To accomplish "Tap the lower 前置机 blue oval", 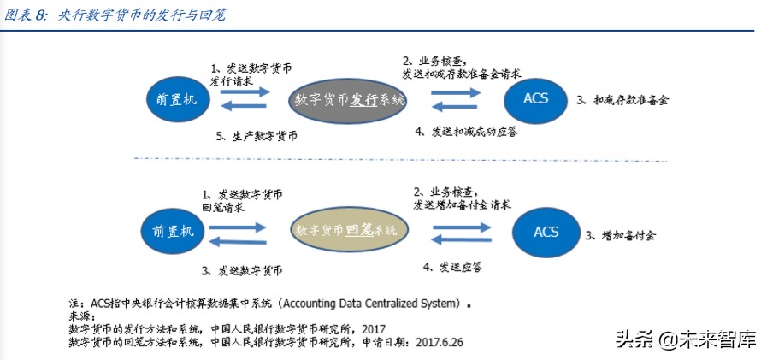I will (x=173, y=231).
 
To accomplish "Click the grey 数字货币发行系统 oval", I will (x=349, y=100).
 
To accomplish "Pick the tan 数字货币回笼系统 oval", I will (x=345, y=230).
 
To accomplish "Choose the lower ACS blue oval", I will (x=546, y=232).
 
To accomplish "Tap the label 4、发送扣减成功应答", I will (x=466, y=132).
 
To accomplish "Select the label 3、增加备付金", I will (x=620, y=233).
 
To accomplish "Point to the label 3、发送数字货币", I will (x=242, y=270).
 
